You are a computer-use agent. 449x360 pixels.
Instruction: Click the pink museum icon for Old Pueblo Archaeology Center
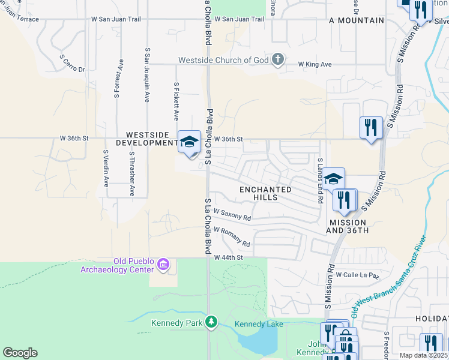tap(163, 264)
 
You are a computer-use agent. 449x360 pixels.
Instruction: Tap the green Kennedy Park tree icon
tap(211, 322)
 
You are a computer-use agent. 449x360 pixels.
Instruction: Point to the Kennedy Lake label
tap(258, 324)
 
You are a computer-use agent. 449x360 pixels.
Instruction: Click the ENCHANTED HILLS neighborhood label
tap(265, 193)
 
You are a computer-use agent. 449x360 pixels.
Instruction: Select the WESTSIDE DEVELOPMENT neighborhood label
tap(151, 139)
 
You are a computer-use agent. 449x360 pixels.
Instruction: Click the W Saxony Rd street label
tap(232, 215)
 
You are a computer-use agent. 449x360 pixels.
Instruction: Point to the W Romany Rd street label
tap(232, 237)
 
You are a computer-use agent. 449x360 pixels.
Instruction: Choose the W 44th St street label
tap(229, 257)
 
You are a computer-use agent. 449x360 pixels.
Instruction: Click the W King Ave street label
tap(315, 64)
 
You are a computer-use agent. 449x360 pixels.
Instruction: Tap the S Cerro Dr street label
tap(73, 64)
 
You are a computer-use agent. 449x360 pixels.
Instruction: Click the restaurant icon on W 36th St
tap(371, 128)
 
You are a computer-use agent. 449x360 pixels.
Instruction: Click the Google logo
tap(20, 353)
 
